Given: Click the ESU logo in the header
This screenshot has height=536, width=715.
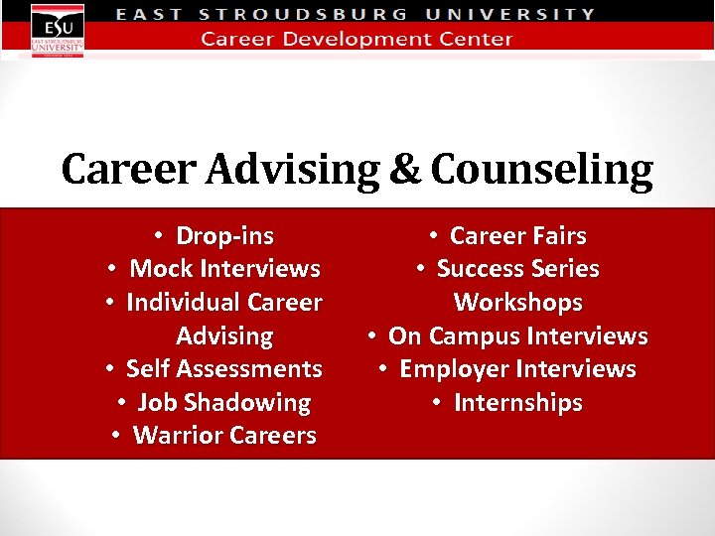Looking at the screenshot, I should point(57,30).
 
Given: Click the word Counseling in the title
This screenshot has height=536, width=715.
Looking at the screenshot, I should point(542,170).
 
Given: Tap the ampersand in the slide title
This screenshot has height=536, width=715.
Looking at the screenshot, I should point(404,170).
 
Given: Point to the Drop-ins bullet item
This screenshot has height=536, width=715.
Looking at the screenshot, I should point(224,236).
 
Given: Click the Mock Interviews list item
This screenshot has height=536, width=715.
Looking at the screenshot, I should point(224,269).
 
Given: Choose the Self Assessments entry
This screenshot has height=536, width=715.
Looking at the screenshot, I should point(223,369).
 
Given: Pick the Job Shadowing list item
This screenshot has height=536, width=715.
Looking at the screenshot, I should point(223,403).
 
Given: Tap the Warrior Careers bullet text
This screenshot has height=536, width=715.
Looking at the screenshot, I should point(224,436).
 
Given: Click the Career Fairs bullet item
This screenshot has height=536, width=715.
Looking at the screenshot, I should point(517,236).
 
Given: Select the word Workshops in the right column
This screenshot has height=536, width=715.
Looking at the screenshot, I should point(517,303).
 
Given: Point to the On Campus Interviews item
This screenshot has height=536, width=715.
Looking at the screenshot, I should point(517,336).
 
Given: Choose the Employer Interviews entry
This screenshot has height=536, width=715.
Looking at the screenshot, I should point(517,369).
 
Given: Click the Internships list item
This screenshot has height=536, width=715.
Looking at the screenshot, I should point(517,403).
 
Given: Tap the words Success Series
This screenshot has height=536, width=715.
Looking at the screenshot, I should point(517,269).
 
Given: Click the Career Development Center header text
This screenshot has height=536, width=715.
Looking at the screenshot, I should point(357,40).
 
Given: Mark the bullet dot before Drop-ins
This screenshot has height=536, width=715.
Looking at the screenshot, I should point(159,236).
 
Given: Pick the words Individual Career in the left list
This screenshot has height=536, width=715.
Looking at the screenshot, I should point(223,303).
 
